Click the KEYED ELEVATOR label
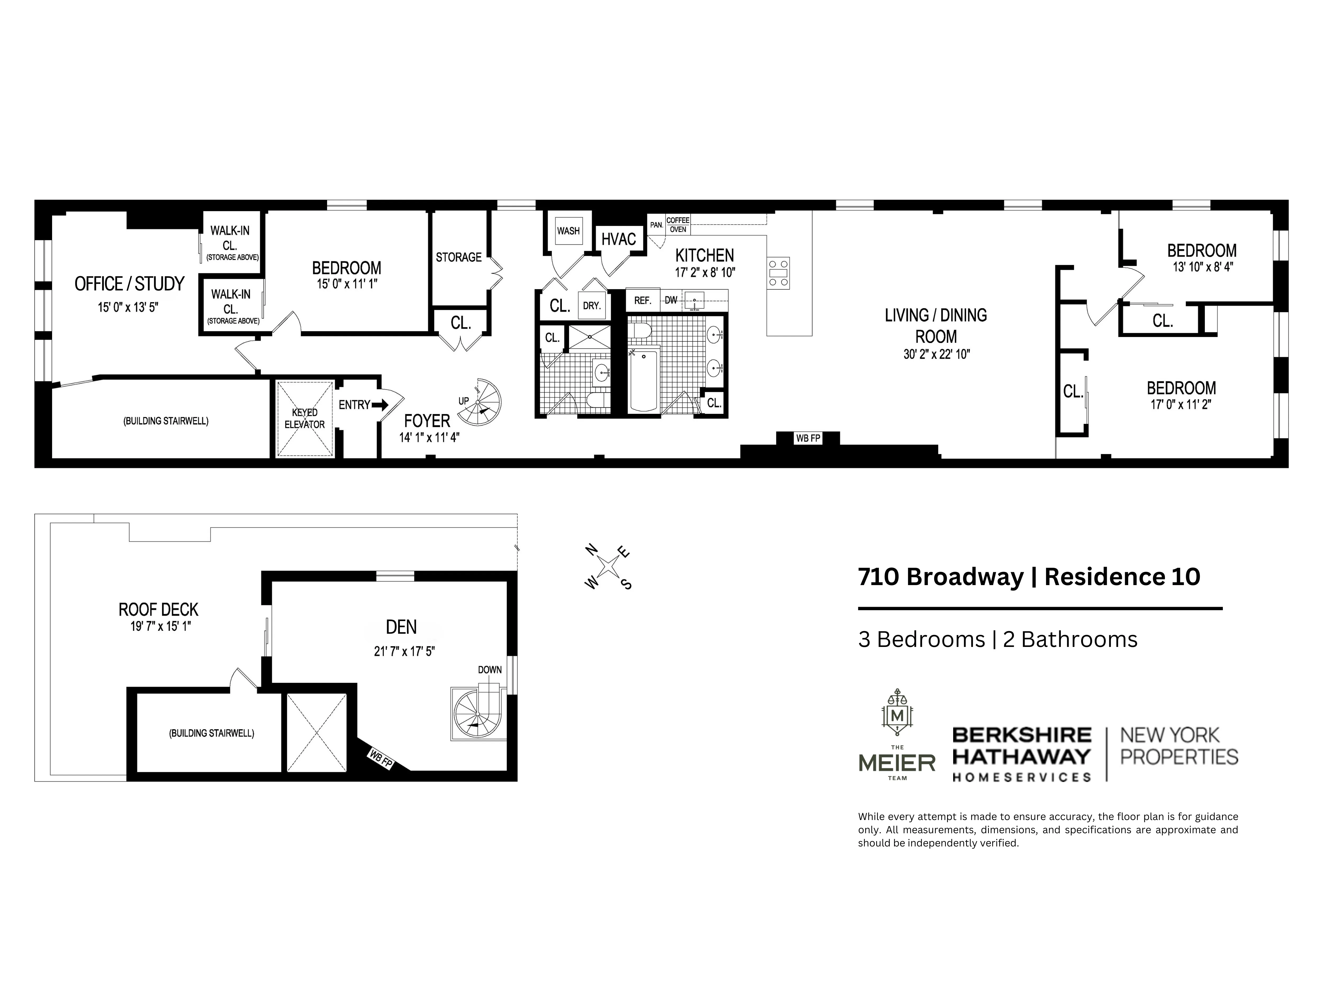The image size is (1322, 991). tap(304, 418)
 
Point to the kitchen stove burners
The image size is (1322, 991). tap(778, 273)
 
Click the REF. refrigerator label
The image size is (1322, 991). tap(642, 300)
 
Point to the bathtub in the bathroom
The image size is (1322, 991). tap(644, 381)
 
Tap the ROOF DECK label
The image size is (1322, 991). tap(158, 610)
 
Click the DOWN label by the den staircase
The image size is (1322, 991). tap(489, 670)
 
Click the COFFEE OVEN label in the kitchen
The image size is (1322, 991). tap(678, 225)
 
